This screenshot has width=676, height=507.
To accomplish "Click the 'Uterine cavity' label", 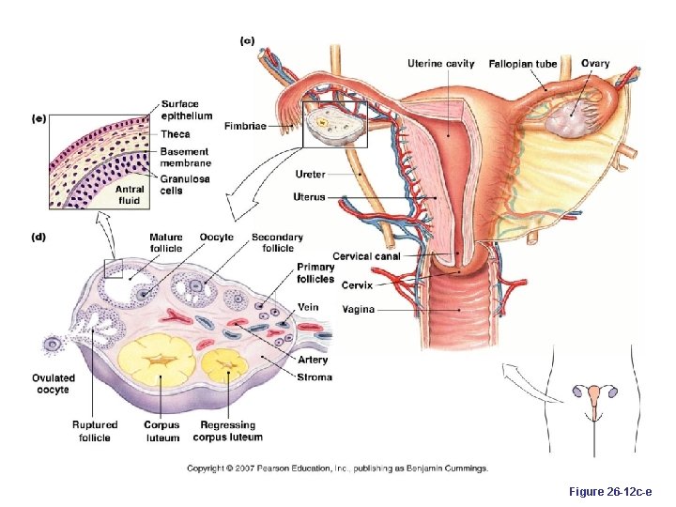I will tap(440, 64).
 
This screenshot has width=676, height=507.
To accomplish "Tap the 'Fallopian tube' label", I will tap(523, 64).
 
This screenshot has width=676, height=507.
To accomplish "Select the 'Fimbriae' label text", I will tap(245, 126).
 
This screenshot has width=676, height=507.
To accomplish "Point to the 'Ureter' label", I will tap(310, 174).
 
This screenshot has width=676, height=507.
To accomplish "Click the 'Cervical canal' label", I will tap(366, 256).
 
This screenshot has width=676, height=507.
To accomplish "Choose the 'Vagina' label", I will tap(358, 309).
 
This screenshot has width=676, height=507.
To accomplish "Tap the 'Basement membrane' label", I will tap(185, 157).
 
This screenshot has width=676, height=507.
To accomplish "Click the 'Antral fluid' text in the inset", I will tap(129, 194).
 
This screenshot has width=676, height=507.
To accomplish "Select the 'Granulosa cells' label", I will tap(185, 184).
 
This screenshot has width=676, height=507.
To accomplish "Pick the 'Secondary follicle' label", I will tap(277, 243).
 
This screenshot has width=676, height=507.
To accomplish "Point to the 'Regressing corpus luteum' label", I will tap(227, 431).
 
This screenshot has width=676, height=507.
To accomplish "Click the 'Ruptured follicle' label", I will tap(94, 431).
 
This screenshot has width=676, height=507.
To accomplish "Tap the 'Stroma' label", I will tap(315, 377).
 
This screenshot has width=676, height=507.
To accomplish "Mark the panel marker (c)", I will tap(247, 40).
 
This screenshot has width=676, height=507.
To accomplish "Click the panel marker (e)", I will tap(39, 118).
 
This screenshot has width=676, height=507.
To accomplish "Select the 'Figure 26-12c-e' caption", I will tap(610, 491).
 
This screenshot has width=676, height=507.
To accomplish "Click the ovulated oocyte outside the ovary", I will tap(54, 345).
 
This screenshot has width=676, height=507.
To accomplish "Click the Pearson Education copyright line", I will tap(337, 468).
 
